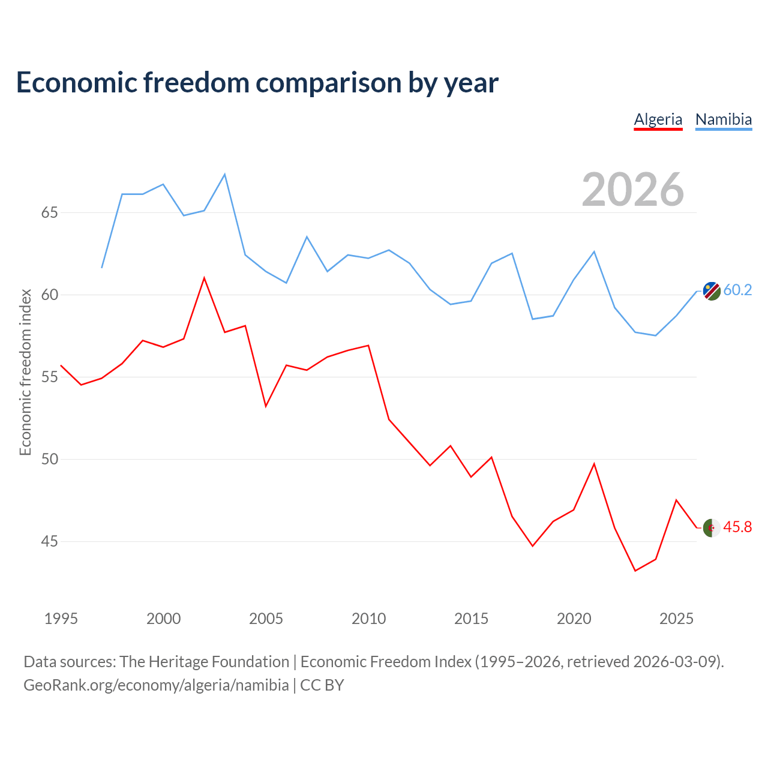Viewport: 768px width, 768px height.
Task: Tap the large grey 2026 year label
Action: point(632,190)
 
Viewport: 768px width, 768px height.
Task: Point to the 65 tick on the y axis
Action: point(49,212)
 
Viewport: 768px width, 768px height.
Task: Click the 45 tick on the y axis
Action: point(49,541)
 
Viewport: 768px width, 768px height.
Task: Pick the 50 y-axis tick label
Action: point(49,459)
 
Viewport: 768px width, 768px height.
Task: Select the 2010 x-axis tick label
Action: point(368,619)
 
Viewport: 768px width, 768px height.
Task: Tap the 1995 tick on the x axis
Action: point(61,619)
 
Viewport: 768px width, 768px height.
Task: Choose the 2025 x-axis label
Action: point(676,619)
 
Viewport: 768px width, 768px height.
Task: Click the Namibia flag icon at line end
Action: point(712,291)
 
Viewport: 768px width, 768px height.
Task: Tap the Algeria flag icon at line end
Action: point(712,528)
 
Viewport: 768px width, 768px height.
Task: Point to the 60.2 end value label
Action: point(737,290)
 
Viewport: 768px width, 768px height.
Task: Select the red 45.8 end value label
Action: point(737,527)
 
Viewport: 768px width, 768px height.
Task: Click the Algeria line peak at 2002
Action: point(204,278)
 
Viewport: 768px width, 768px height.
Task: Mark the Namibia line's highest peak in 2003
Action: point(225,174)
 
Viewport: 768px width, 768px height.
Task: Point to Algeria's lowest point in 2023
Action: point(635,571)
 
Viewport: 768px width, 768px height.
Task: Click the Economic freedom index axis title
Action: point(26,372)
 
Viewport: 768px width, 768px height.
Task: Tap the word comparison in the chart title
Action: point(329,83)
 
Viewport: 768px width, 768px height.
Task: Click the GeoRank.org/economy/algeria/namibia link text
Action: point(156,686)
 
